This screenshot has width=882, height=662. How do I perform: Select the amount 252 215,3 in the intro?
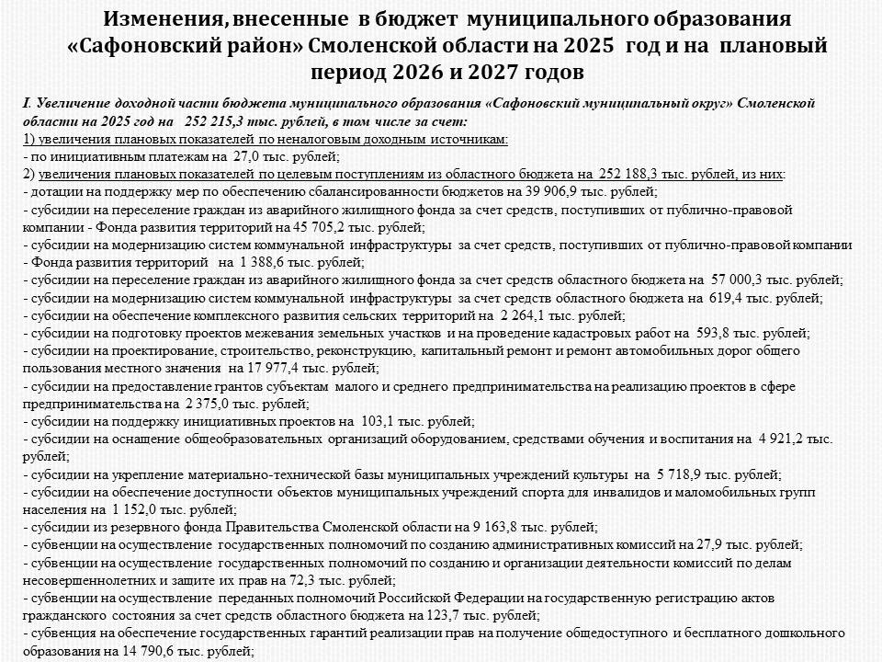(217, 121)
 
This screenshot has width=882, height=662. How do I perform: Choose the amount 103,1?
(378, 421)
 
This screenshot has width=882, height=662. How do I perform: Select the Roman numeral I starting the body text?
(26, 103)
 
